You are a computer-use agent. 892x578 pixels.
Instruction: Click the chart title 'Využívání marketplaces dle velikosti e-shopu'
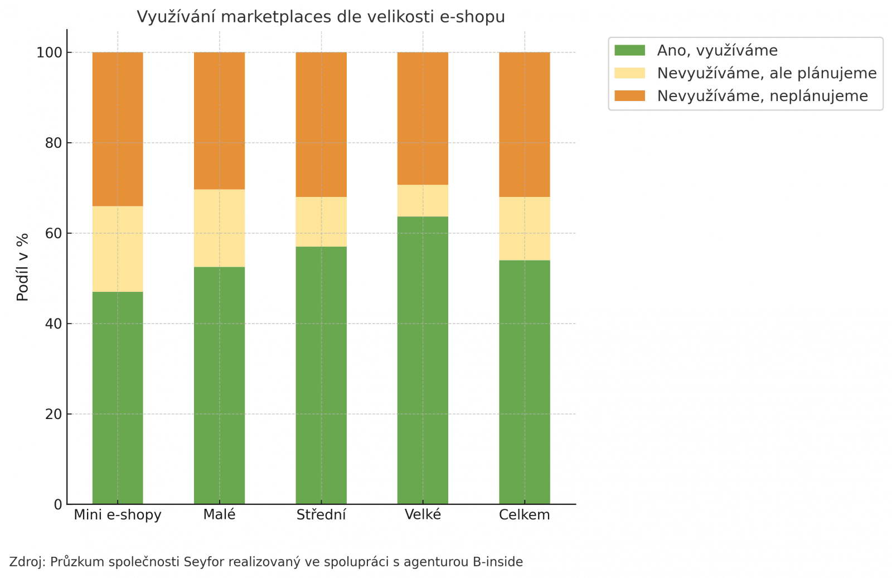coord(321,17)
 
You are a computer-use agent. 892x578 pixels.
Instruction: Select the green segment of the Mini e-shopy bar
coord(118,397)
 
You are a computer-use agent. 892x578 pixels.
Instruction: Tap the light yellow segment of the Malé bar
coord(219,228)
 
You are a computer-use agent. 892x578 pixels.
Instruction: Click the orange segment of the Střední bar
coord(321,124)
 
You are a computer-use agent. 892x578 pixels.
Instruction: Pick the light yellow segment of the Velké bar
coord(423,200)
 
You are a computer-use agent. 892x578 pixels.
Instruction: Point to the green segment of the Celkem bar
coord(524,382)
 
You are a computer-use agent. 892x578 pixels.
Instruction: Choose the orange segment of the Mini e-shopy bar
coord(118,129)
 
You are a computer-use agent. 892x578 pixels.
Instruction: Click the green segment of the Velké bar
coord(423,360)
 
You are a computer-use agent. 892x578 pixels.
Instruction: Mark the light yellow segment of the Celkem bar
coord(524,228)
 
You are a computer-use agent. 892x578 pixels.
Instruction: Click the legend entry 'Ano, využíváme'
coord(717,51)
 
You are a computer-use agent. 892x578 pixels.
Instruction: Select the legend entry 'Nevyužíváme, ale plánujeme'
coord(767,74)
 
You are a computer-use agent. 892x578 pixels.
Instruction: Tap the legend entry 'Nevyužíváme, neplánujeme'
coord(762,96)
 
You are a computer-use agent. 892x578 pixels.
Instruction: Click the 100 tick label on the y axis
coord(49,53)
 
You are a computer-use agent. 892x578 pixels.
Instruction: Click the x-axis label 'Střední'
coord(321,515)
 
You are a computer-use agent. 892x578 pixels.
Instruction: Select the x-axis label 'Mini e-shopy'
coord(118,515)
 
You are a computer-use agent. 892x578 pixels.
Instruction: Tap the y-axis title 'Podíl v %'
coord(23,267)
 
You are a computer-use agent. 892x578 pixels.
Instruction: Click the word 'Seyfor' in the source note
coord(203,562)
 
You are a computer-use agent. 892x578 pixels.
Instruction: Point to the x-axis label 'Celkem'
coord(524,515)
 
